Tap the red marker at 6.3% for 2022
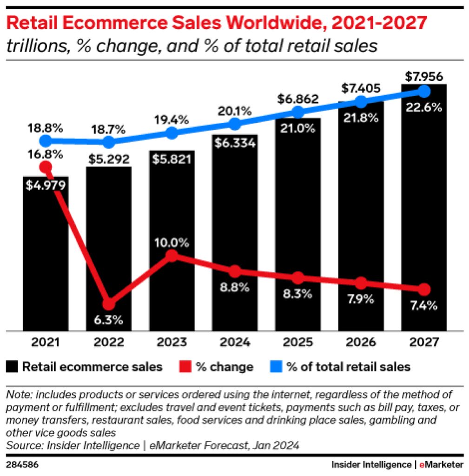coord(108,304)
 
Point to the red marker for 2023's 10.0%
coord(172,255)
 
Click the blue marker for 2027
coord(423,90)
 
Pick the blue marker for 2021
coord(46,141)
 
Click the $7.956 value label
coord(423,76)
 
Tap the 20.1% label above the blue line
coord(235,112)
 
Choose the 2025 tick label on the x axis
coord(298,343)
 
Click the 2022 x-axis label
coord(108,343)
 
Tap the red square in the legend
coord(185,367)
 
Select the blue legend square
coord(276,367)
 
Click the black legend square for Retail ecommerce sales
coord(13,367)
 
